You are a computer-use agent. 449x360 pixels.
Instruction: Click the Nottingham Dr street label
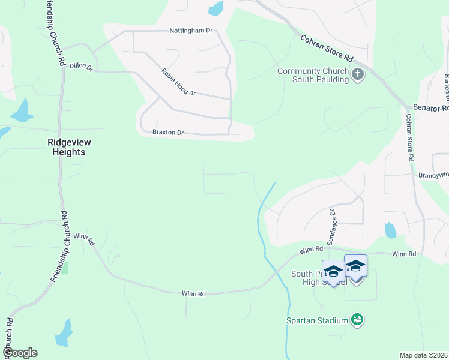[191, 30]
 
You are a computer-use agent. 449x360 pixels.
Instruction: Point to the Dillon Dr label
[81, 67]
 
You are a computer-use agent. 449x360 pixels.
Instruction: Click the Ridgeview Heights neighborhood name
[66, 148]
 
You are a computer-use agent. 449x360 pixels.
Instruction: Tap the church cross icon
[358, 75]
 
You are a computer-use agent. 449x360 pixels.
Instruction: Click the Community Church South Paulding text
[313, 76]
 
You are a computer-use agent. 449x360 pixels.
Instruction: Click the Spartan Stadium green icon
[357, 320]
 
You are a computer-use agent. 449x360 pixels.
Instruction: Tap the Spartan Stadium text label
[317, 320]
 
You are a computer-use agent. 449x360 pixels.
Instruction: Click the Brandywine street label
[433, 175]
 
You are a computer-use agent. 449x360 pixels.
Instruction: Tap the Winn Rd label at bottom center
[194, 293]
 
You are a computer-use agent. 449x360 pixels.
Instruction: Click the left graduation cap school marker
[333, 271]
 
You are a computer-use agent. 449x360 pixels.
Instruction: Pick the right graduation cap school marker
[355, 265]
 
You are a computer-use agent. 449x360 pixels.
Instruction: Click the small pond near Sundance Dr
[390, 230]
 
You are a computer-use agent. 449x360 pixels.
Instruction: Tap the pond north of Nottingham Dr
[215, 8]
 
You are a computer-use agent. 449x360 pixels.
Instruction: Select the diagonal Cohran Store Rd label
[326, 48]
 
